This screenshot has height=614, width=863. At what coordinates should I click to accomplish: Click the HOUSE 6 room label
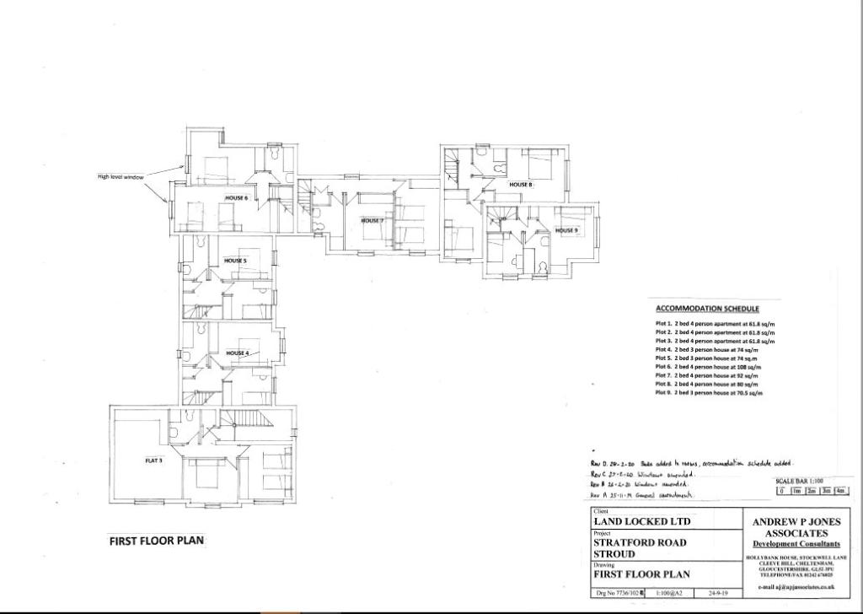(x=236, y=198)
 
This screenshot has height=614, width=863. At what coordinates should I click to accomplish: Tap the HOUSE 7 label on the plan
(x=373, y=221)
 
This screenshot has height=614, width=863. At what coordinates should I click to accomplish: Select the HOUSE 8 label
(x=520, y=184)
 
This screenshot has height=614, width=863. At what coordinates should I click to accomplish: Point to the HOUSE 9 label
(x=566, y=230)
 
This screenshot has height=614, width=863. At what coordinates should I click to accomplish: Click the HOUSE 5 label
(x=235, y=261)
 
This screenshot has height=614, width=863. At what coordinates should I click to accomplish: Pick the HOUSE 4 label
(x=237, y=353)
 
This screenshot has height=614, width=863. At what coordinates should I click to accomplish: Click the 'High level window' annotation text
(x=121, y=176)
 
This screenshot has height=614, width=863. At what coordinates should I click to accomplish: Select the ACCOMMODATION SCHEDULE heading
(x=707, y=309)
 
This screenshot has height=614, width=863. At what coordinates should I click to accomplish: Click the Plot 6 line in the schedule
(x=708, y=367)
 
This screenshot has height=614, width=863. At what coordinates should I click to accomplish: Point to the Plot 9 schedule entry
(x=709, y=393)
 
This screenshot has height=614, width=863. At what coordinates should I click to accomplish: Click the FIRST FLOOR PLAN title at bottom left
(x=157, y=541)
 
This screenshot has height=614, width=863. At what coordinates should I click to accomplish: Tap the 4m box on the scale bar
(x=840, y=491)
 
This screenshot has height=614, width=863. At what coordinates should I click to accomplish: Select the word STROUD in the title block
(x=614, y=554)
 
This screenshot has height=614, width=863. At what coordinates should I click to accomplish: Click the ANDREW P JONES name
(x=796, y=522)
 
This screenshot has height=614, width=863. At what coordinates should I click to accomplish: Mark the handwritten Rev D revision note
(x=691, y=463)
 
